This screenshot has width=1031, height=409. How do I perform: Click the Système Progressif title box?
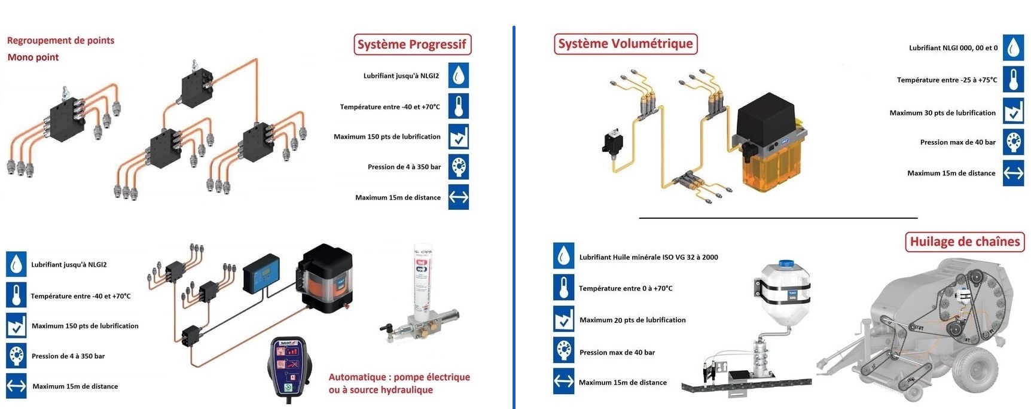[x=412, y=44]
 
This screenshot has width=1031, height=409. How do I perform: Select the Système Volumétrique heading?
[x=626, y=44]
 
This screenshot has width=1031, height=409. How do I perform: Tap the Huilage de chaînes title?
[x=965, y=242]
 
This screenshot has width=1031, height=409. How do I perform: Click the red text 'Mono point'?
[x=33, y=57]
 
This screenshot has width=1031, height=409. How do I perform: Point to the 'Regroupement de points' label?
[x=60, y=41]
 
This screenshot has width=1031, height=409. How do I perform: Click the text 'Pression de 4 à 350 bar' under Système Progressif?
[x=404, y=167]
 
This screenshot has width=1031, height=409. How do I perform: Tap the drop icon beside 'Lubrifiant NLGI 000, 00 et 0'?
[x=1013, y=47]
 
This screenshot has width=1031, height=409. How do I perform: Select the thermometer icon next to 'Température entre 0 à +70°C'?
[x=563, y=288]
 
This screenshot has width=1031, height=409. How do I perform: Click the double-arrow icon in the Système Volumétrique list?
[x=1013, y=173]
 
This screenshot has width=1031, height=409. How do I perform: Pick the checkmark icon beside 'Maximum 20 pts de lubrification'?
[x=563, y=319]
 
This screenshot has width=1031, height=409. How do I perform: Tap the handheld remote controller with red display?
[x=289, y=367]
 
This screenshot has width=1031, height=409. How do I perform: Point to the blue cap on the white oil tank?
[x=786, y=263]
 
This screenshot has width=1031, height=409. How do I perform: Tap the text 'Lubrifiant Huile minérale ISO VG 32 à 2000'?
[x=649, y=257]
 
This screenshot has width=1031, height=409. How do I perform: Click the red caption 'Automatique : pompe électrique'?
[x=399, y=377]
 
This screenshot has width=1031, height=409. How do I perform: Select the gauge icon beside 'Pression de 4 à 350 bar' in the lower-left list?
[x=16, y=355]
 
